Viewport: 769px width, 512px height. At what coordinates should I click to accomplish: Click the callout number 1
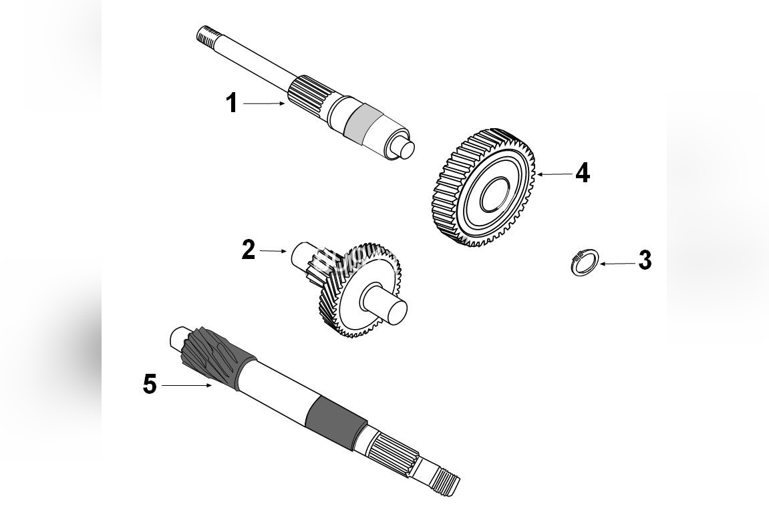click(x=231, y=103)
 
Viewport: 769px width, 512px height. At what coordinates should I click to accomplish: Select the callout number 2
click(x=248, y=250)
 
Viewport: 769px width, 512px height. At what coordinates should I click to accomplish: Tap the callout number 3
click(x=644, y=260)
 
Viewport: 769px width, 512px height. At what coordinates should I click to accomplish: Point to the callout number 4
click(x=583, y=173)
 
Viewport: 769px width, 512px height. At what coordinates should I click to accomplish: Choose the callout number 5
click(x=150, y=385)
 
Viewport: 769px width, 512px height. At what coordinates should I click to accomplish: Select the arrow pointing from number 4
click(x=555, y=174)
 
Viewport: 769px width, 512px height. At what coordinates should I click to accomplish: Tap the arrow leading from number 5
click(x=188, y=385)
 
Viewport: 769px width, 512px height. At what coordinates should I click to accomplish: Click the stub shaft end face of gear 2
click(x=396, y=310)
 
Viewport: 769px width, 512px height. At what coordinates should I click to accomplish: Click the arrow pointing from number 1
click(x=264, y=103)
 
